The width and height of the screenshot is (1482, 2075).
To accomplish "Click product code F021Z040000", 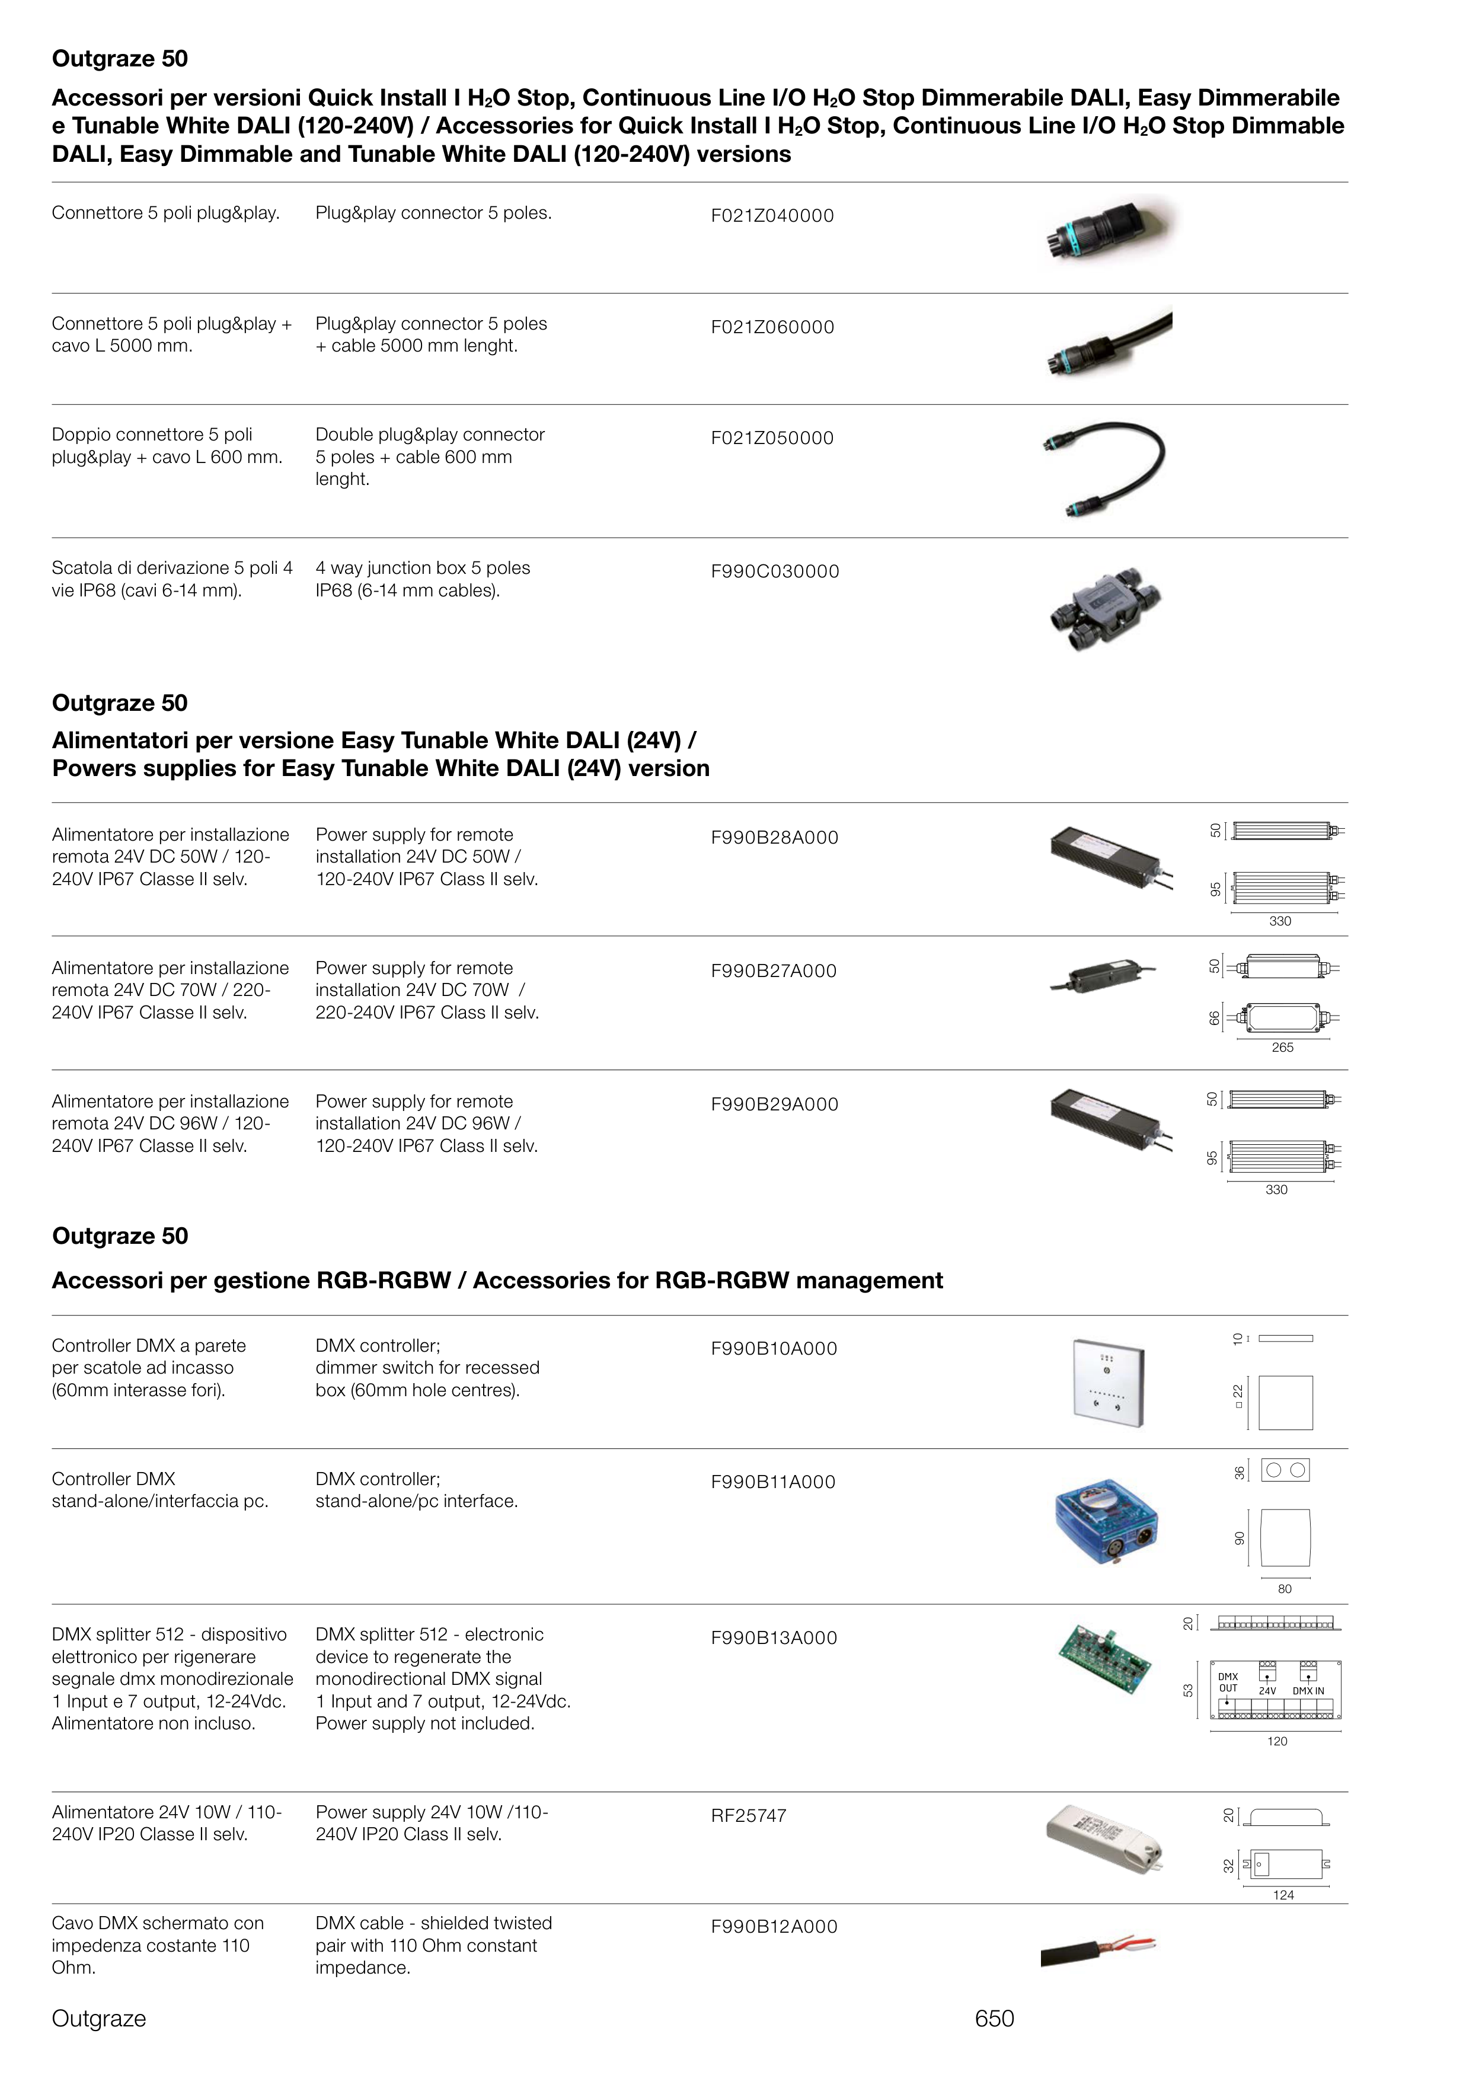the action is click(x=772, y=216).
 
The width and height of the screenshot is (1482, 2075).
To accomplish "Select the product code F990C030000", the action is click(x=775, y=572).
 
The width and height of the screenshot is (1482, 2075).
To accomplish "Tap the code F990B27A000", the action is click(x=774, y=971).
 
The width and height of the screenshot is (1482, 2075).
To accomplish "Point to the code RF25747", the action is click(x=748, y=1815).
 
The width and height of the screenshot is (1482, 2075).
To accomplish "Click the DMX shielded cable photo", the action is click(x=1098, y=1950).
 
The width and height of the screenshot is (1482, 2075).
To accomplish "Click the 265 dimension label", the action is click(x=1282, y=1048).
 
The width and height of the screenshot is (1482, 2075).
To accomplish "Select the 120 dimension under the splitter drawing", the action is click(x=1277, y=1741).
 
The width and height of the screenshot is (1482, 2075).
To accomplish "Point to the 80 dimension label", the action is click(x=1285, y=1589).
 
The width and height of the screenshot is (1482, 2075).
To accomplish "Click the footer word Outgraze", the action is click(x=98, y=2019).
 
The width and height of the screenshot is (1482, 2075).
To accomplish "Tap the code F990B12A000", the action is click(x=774, y=1926).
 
